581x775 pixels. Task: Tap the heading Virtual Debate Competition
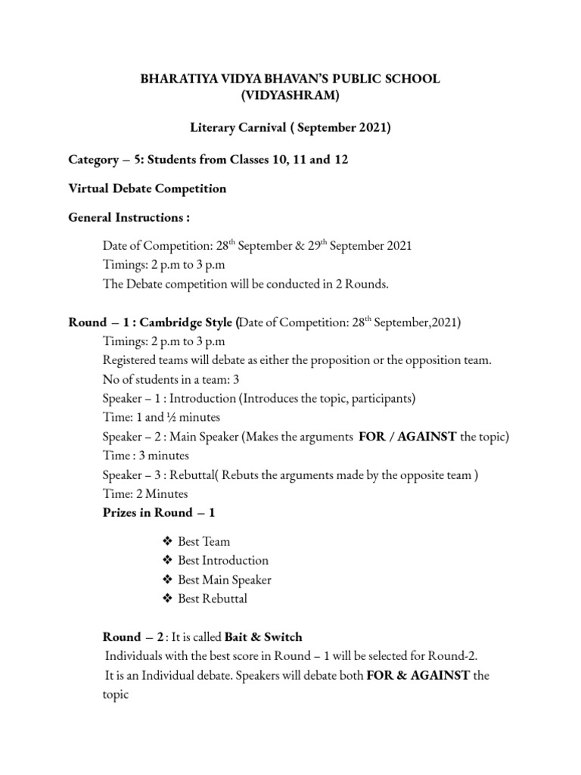click(148, 188)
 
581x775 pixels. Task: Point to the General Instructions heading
click(129, 218)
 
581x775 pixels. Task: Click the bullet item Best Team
click(204, 542)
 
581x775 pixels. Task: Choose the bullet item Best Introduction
click(222, 561)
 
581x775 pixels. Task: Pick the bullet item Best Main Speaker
click(224, 580)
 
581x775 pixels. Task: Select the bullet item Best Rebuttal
click(212, 599)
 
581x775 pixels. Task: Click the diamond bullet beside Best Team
click(168, 542)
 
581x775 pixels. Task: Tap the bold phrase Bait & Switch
click(263, 636)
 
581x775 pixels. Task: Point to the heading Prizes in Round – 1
click(159, 512)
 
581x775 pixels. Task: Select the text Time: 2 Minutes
click(145, 493)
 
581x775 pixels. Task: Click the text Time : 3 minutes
click(145, 456)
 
